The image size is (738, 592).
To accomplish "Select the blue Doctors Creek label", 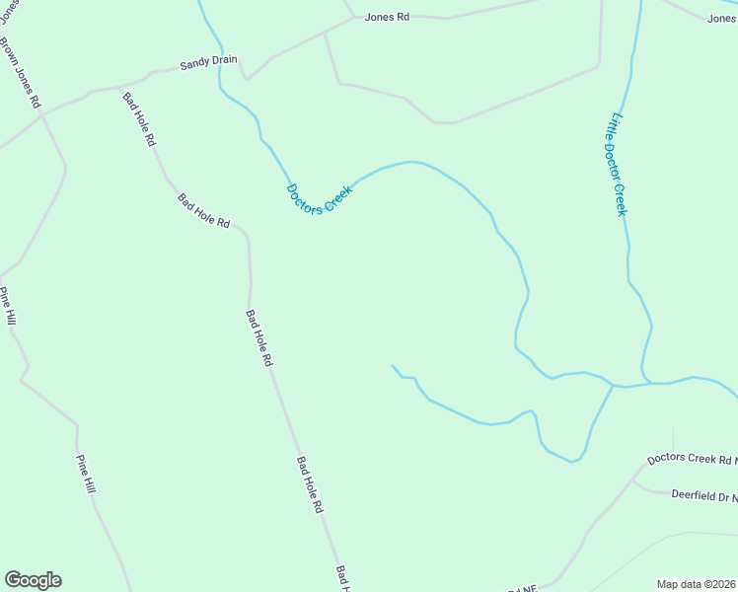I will click(319, 199).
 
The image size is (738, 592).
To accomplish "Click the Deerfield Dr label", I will click(703, 495).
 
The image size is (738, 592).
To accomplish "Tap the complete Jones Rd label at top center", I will click(387, 17).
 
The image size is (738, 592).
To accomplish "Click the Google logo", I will click(33, 580).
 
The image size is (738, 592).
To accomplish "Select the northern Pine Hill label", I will click(8, 307).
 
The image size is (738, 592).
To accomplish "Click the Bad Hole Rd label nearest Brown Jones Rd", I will click(139, 118).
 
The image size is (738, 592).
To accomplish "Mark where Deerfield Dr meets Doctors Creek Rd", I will click(632, 482).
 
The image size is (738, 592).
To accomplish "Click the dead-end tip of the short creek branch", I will click(393, 365).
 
